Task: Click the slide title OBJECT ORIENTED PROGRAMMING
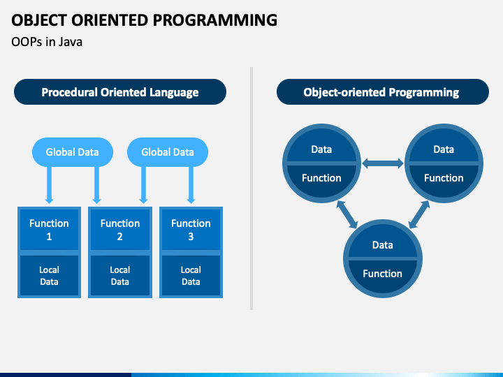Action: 145,20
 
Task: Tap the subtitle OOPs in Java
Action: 47,42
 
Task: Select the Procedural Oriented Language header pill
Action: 120,92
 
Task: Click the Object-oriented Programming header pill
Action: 383,92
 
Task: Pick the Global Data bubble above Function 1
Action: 73,152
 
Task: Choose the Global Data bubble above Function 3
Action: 168,152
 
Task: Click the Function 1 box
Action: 49,230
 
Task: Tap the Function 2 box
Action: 120,230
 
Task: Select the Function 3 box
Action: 191,230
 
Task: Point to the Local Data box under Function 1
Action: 49,276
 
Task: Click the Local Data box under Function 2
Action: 120,276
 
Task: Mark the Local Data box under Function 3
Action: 191,276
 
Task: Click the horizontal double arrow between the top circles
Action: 383,163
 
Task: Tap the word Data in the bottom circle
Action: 382,245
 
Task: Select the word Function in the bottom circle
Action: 382,274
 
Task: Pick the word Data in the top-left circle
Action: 321,149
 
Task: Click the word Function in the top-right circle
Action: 444,178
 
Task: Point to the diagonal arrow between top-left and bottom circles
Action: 347,214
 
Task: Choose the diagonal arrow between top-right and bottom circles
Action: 419,214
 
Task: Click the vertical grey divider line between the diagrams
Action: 251,188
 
